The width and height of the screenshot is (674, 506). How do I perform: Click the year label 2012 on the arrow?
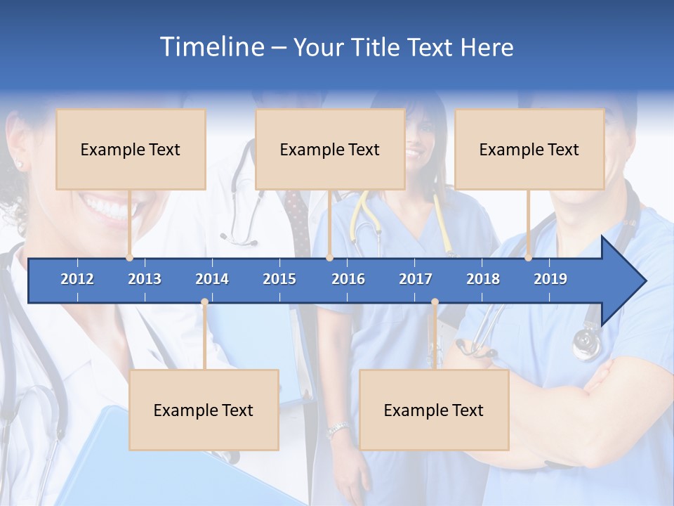(77, 279)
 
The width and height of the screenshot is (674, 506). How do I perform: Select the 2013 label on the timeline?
(145, 279)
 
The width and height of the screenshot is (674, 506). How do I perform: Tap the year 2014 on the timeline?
(212, 279)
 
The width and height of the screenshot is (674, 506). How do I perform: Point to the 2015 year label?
(279, 279)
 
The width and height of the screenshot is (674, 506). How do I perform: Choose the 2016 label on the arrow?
(348, 279)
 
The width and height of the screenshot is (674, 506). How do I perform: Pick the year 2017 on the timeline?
(416, 279)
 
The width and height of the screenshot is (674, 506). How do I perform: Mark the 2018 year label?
(483, 279)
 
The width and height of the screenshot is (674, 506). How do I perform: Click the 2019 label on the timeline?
(550, 279)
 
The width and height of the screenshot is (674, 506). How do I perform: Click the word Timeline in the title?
(211, 47)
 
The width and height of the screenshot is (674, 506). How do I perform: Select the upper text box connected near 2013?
(131, 149)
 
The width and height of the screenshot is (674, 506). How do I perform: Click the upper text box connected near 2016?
(330, 149)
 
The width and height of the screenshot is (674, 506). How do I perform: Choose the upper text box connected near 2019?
(529, 149)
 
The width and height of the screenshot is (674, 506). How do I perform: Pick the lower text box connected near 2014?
(204, 410)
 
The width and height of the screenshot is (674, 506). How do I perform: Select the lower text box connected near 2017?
(434, 410)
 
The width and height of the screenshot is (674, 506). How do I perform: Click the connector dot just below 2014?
(204, 302)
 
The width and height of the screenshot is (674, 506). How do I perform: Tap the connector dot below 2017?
(435, 302)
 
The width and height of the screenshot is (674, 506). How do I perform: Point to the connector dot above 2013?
(130, 258)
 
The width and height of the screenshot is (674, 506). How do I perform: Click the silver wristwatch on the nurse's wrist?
(338, 428)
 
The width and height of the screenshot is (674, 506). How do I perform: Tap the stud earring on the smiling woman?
(19, 164)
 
